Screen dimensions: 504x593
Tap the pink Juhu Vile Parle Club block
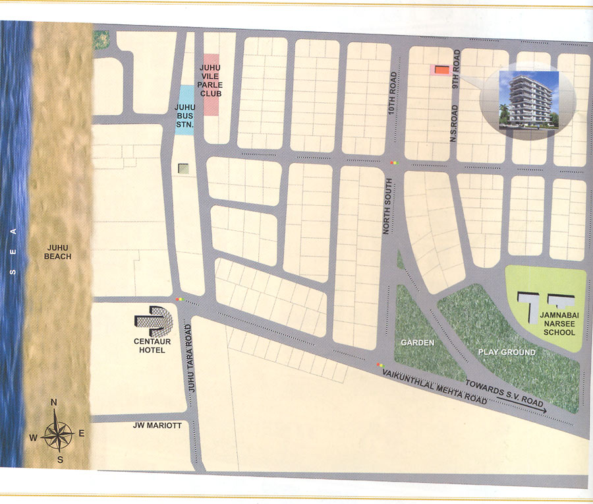[x=211, y=85]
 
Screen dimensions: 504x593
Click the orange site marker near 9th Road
[x=440, y=69]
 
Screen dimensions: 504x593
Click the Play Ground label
[x=507, y=352]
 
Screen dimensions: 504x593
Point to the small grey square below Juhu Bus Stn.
[x=183, y=169]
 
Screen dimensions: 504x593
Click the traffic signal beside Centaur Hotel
[x=180, y=300]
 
